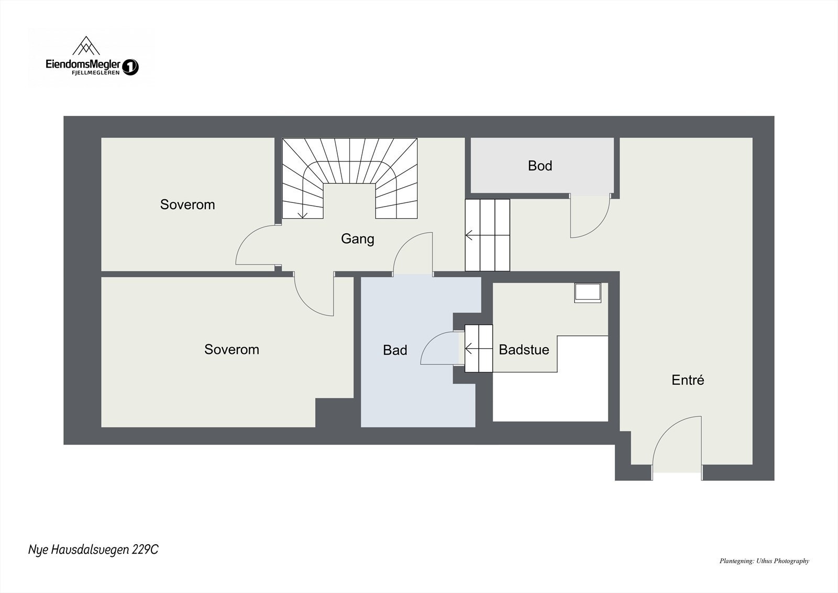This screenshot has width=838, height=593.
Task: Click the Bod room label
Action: point(539,166)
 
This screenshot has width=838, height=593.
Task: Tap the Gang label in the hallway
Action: point(357,239)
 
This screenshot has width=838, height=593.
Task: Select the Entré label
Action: point(687,380)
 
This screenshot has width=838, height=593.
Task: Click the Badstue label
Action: point(524,350)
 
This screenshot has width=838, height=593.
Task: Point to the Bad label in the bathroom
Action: point(394,350)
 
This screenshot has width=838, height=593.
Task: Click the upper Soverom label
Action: point(187,204)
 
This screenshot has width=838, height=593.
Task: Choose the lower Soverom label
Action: point(231,350)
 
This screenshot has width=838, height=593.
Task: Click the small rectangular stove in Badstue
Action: point(588,293)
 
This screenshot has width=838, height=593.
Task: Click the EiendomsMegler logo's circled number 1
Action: point(130,67)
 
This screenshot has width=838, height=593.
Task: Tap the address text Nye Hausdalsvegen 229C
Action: point(93,549)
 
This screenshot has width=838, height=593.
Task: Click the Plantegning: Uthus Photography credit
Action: point(764,561)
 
